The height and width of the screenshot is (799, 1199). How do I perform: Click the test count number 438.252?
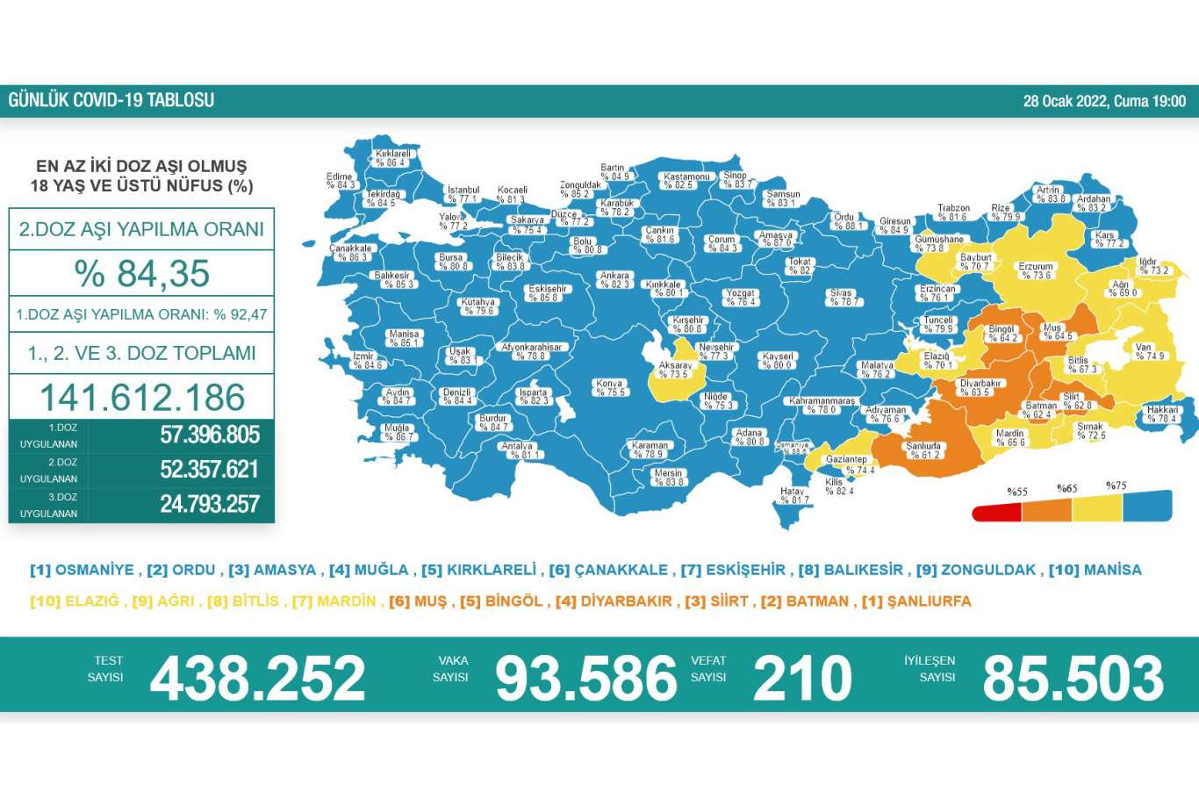coord(257,678)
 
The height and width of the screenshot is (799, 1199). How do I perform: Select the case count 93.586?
coord(586,678)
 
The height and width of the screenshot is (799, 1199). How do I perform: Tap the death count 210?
coord(802,678)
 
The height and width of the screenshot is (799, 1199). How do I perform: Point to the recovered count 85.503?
coord(1073,678)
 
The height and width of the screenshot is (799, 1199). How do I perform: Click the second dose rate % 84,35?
coord(142,273)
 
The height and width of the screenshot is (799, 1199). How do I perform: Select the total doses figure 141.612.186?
coord(142,398)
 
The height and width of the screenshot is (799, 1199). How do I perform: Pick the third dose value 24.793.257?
coord(210,504)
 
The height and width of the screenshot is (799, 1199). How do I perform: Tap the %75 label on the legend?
coord(1116,486)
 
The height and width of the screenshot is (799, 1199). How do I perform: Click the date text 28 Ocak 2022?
coord(1066,101)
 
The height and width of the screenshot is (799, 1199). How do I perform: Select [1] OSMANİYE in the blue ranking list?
coord(82,570)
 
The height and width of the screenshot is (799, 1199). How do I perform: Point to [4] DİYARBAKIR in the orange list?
coord(616,601)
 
